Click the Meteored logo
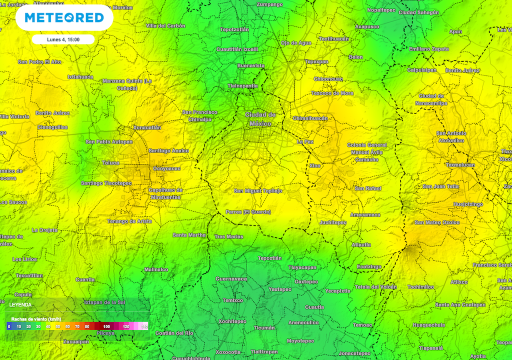64,18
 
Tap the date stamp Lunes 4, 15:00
62,39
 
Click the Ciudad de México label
260,119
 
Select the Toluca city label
110,162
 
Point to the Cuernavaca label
231,278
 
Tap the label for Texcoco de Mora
332,93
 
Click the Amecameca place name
364,214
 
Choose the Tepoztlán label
269,258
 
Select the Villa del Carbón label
165,25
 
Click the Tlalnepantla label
242,85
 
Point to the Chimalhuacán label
309,118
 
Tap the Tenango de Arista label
129,221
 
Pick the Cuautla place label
314,307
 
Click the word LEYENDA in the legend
20,304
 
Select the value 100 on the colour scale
106,326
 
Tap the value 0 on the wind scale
9,326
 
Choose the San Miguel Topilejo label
258,191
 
